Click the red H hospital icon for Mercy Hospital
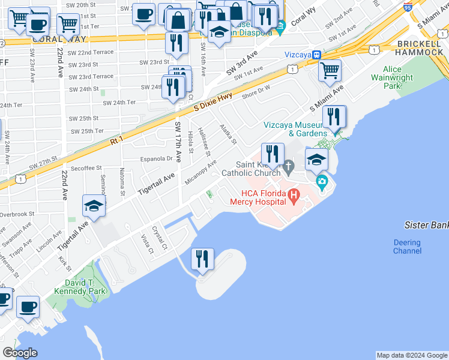[x=294, y=194]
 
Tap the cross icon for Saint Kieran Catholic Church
[x=289, y=166]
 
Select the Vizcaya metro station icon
[x=316, y=54]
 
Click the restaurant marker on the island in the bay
[x=202, y=259]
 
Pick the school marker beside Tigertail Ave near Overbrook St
[x=94, y=206]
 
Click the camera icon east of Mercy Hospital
[x=322, y=181]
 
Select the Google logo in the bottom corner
[x=20, y=353]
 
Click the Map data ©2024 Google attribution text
[x=411, y=355]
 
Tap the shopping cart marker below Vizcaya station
[x=330, y=70]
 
